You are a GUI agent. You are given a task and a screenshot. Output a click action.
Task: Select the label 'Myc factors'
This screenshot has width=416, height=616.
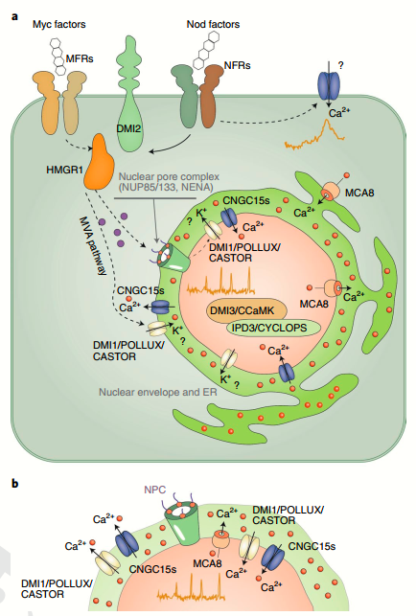pos(59,24)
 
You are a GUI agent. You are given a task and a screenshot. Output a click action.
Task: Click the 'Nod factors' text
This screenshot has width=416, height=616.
pos(213,24)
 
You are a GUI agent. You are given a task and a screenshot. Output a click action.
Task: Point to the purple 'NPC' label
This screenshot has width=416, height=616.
pos(155,490)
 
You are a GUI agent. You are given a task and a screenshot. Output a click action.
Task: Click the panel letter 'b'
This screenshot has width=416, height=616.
pos(15,483)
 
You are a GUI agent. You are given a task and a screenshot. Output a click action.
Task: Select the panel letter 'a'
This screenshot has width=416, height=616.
pos(14,16)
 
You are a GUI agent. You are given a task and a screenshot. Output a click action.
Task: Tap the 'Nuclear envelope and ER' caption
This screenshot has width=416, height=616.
pos(157,392)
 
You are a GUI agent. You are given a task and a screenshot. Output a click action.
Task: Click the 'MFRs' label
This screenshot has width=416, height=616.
pos(80,59)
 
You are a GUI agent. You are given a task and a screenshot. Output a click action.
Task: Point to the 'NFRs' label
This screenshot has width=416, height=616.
pos(237,65)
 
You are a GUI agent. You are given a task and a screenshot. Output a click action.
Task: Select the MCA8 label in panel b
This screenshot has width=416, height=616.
pos(207,563)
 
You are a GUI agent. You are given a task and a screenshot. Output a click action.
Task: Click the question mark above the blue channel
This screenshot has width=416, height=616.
pos(340,65)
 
